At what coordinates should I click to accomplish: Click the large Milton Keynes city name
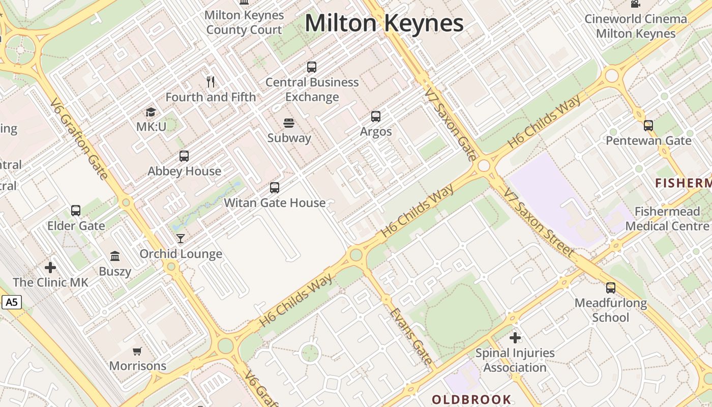(x=384, y=23)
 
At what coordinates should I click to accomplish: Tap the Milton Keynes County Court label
(x=244, y=22)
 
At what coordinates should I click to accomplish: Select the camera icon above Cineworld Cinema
(x=635, y=4)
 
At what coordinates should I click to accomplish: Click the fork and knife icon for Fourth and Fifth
(x=211, y=81)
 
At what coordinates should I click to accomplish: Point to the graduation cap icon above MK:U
(x=151, y=112)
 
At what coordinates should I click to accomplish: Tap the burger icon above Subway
(x=289, y=123)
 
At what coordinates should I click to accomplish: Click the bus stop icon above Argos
(x=376, y=117)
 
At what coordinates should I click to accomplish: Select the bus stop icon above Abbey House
(x=184, y=156)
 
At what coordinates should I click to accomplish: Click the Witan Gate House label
(x=275, y=202)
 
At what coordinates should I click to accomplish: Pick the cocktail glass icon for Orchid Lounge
(x=181, y=239)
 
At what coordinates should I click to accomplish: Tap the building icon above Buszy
(x=115, y=256)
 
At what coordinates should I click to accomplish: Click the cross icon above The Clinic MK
(x=50, y=267)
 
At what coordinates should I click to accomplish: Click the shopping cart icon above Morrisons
(x=137, y=351)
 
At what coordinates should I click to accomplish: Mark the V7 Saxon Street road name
(x=539, y=222)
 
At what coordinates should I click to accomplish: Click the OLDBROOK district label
(x=471, y=399)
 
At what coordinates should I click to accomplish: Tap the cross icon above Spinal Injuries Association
(x=515, y=337)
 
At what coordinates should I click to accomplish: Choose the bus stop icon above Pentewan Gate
(x=648, y=125)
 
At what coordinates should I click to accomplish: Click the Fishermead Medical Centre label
(x=667, y=218)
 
